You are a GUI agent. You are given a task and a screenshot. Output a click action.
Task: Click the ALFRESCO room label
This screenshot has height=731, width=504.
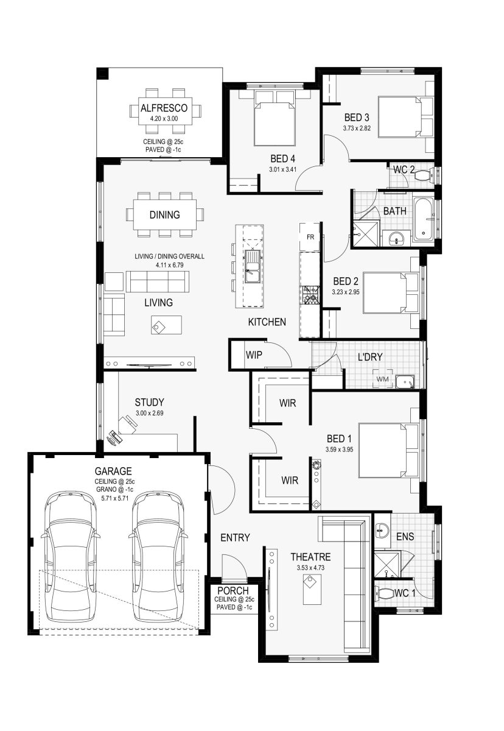point(164,108)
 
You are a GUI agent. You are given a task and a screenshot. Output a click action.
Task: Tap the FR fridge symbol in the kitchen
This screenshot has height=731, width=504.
point(310,237)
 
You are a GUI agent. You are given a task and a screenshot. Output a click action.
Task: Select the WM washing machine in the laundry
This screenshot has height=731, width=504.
point(383,379)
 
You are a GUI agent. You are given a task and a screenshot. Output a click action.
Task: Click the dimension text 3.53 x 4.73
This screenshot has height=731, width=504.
point(310,568)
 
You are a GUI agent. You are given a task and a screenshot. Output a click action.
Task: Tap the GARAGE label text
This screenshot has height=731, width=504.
point(113,471)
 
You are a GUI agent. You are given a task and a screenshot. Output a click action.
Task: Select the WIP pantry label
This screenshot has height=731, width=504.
point(254,355)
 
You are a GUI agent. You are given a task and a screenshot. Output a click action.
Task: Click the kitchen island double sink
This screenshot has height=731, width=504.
point(253,266)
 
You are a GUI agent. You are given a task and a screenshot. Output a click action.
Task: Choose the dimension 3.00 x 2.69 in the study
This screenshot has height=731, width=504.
point(149,413)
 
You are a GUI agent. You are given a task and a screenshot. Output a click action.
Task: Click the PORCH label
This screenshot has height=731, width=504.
point(233,591)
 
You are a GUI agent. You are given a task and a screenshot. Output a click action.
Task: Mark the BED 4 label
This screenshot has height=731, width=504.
point(282,159)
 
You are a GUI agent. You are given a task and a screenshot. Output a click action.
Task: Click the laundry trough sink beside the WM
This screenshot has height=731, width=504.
point(405,381)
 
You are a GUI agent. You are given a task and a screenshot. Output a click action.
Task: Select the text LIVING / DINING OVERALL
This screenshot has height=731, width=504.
point(169,256)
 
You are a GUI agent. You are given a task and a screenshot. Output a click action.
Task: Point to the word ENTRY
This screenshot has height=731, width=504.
point(235,537)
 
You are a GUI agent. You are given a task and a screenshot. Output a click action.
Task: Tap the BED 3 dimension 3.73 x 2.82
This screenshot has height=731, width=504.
point(357,129)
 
